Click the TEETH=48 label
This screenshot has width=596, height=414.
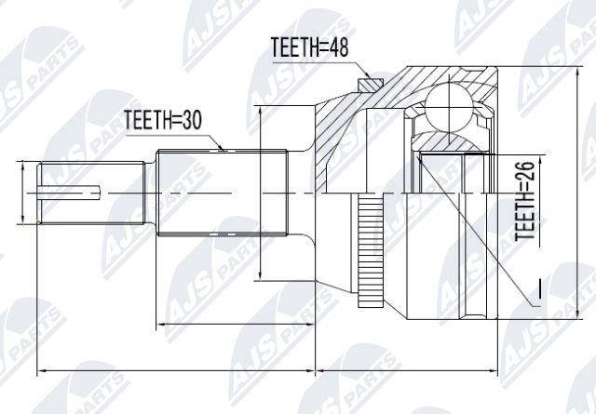coord(309,47)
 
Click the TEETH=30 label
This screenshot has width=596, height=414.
coord(163,120)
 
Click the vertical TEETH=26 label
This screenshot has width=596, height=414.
coord(525,200)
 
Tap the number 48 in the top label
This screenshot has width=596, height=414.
coord(339,47)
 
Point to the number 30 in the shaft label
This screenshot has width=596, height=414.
coord(192,120)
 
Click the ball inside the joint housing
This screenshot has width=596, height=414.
coord(449,108)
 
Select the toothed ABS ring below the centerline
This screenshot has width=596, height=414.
coord(371,250)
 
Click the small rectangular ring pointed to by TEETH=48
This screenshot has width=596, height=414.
coord(371,85)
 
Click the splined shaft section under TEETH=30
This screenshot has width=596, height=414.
coord(223,193)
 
